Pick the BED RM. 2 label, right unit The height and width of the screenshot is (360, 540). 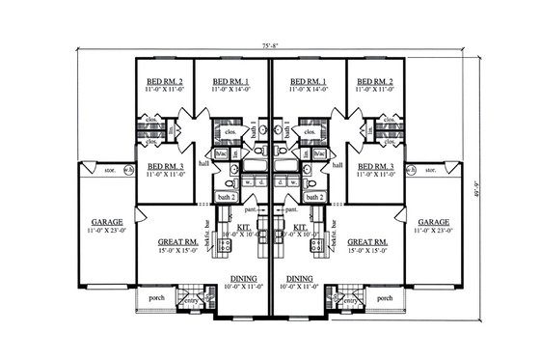(374, 82)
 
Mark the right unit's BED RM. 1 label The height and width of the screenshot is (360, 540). (310, 82)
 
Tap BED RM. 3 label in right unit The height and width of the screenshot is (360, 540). (375, 166)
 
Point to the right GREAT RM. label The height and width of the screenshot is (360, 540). (367, 240)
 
